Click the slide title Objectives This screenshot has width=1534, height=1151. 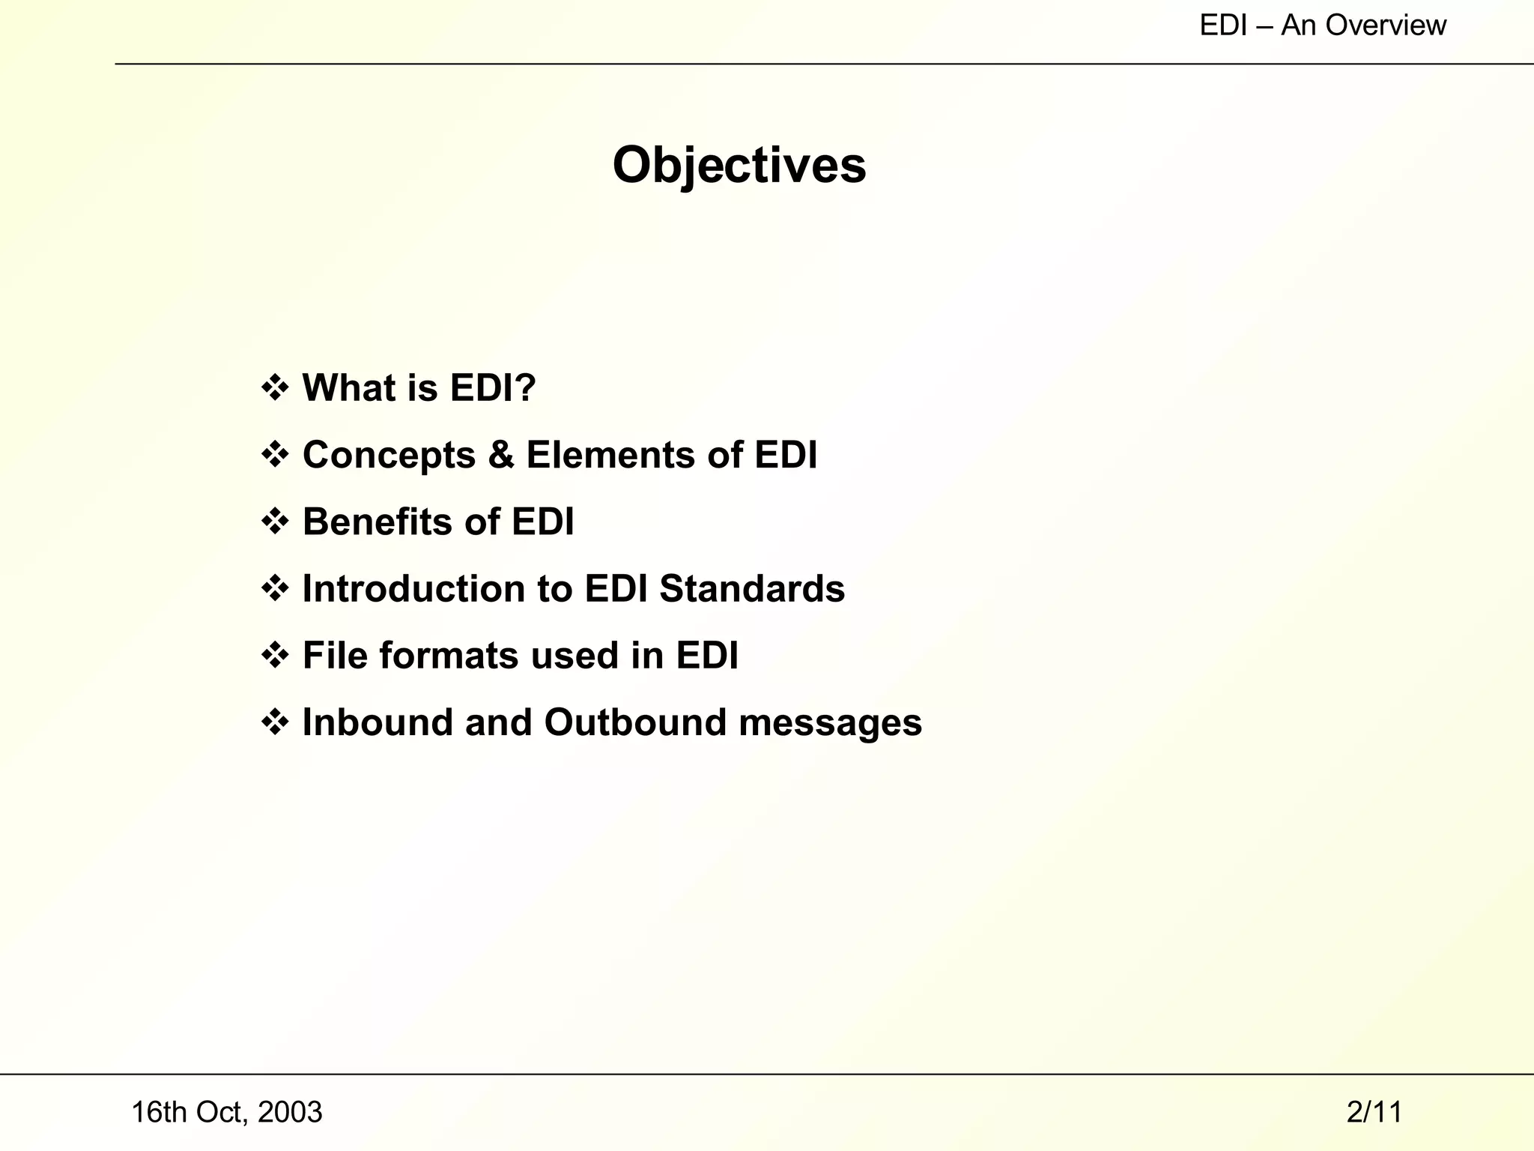(739, 165)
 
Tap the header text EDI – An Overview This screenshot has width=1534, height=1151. (1322, 25)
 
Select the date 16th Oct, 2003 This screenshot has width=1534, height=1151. (226, 1112)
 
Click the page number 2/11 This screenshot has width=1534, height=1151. (1374, 1112)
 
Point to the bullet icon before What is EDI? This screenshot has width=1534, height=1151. (275, 388)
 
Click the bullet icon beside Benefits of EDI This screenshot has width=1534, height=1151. (275, 522)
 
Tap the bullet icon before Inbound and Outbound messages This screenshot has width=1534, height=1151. (275, 722)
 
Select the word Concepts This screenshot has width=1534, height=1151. (389, 455)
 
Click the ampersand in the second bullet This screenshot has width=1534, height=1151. (501, 455)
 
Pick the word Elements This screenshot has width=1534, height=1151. (610, 455)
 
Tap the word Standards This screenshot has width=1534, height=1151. (751, 588)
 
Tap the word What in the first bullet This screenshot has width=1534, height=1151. (348, 388)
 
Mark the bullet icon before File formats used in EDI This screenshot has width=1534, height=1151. (275, 656)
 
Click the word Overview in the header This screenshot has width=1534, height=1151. (1386, 25)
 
